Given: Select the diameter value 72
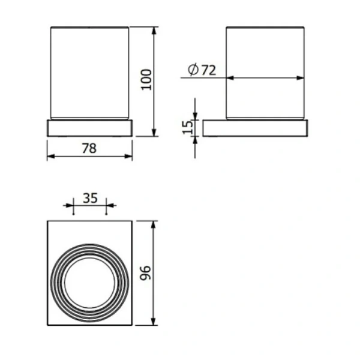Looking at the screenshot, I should (208, 70).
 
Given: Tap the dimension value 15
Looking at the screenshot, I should (187, 127).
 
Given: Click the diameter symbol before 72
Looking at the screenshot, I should (193, 70).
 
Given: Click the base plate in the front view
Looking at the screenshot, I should (89, 128).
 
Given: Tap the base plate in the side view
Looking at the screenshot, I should (256, 128).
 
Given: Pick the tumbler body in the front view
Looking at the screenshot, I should (89, 72).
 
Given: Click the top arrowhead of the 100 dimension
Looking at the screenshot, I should (154, 29).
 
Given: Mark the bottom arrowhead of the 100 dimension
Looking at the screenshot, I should (154, 133).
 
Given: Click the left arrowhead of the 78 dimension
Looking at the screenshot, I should (50, 156).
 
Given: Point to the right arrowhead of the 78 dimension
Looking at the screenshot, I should (130, 156).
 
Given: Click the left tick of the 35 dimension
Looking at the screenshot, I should (72, 208).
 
